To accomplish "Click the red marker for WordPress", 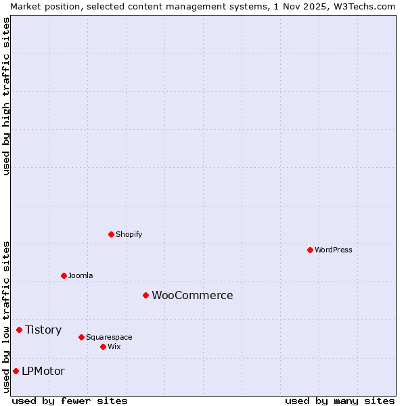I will click(x=310, y=250).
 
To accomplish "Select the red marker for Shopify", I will click(x=111, y=234).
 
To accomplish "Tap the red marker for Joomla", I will click(x=64, y=275).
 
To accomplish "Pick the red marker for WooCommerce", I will click(x=145, y=295).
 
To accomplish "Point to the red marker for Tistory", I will click(x=19, y=330).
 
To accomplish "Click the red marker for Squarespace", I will click(x=81, y=337).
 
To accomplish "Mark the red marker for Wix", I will click(x=103, y=346).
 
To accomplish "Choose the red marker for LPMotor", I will click(x=16, y=371).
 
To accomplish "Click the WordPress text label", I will click(x=334, y=250).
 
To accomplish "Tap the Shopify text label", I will click(x=129, y=234).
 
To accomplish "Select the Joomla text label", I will click(x=81, y=275).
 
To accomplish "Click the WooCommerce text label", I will click(x=192, y=295).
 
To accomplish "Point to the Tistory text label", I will click(x=43, y=330).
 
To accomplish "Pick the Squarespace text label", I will click(x=109, y=337).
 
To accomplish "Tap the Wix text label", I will click(x=114, y=346).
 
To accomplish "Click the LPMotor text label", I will click(x=43, y=371).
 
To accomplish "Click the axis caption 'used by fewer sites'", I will click(x=70, y=401).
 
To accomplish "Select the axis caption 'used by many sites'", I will click(x=340, y=401).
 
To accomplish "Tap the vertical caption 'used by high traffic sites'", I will click(x=6, y=96).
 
